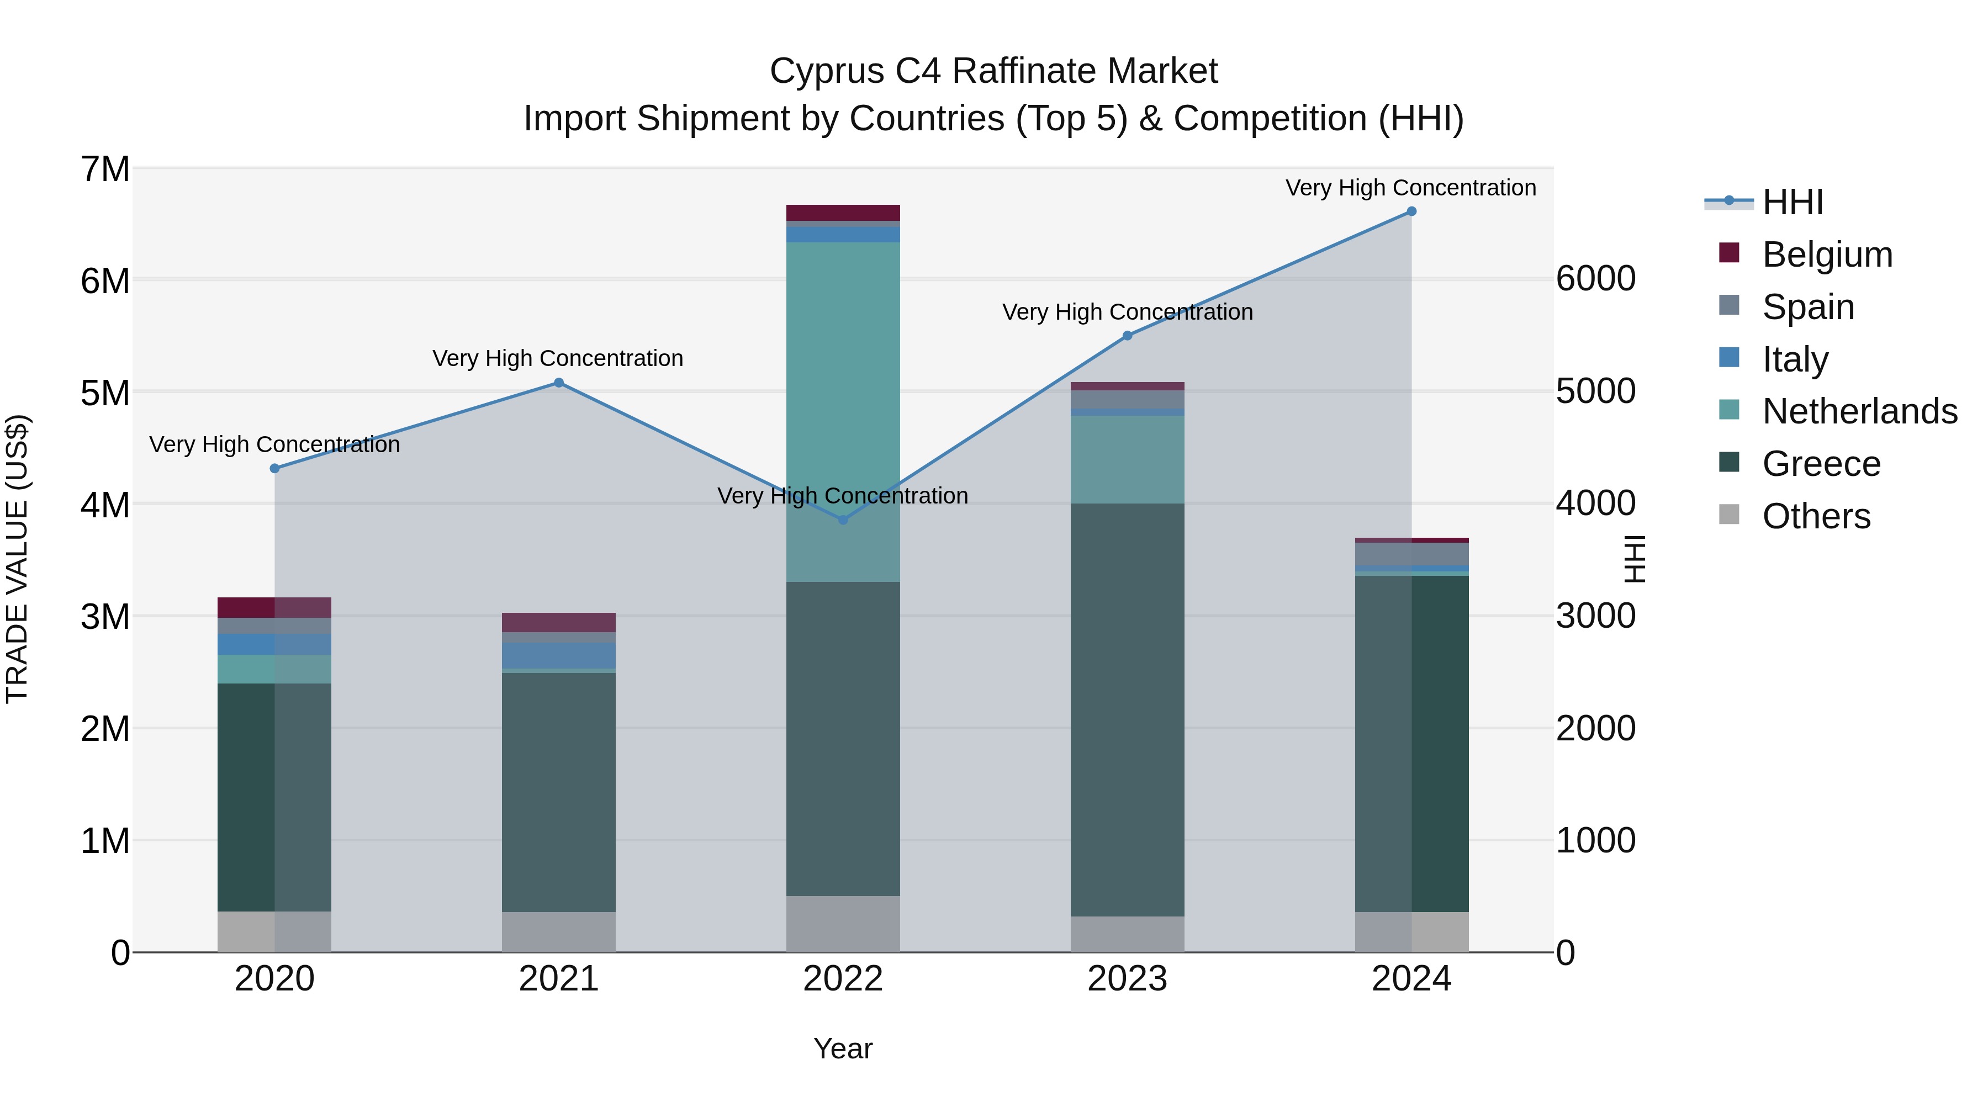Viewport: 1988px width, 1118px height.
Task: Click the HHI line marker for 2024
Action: [x=1411, y=211]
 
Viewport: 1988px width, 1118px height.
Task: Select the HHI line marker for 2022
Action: [x=843, y=520]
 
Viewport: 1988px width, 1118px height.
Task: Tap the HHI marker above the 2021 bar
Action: [x=559, y=383]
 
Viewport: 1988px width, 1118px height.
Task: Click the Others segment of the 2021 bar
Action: [x=559, y=932]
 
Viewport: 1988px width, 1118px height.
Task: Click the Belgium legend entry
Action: [x=1827, y=255]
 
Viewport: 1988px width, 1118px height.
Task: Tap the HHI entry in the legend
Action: [x=1792, y=202]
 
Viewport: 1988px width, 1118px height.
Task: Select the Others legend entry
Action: [x=1816, y=516]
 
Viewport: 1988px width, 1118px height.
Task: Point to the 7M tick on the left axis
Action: [x=105, y=169]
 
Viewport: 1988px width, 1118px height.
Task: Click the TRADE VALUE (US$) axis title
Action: [x=17, y=559]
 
